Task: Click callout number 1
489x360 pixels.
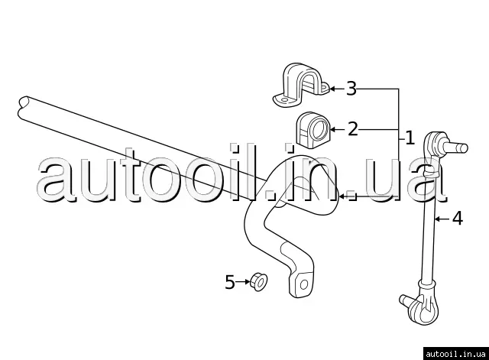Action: click(410, 138)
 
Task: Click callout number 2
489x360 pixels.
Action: click(352, 128)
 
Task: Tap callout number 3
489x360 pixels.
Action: click(351, 89)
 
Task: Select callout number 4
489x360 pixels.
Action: click(457, 219)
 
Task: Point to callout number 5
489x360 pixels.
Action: click(230, 282)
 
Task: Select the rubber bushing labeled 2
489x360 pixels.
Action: click(310, 128)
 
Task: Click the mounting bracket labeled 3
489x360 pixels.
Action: click(301, 86)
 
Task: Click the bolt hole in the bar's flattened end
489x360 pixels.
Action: click(303, 285)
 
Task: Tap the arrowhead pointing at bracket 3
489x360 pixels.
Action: click(332, 89)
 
